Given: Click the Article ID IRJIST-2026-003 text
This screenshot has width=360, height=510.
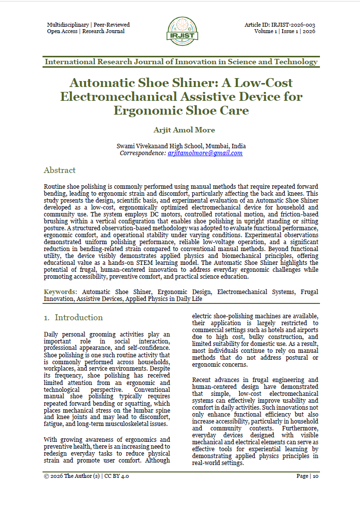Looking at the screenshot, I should tap(279, 25).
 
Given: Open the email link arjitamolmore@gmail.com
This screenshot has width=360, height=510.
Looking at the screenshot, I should tap(205, 153).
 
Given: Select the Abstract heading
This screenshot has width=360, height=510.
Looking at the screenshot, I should tap(59, 170).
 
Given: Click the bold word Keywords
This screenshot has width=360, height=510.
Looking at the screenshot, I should tap(60, 292).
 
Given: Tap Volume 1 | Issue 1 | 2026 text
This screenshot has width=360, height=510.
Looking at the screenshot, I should tap(284, 31).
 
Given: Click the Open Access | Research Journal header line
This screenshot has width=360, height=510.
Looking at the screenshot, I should tap(86, 31).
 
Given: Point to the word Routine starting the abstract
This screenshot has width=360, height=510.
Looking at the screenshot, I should tap(54, 190).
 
